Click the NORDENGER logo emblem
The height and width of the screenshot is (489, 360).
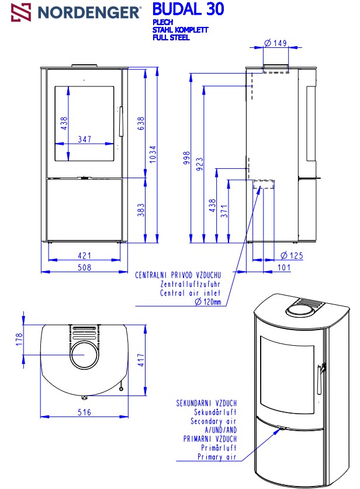coord(22,11)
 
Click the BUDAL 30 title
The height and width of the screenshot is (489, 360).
coord(187,9)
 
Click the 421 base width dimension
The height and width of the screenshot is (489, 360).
coord(85,255)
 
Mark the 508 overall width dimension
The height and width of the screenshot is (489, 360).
coord(85,268)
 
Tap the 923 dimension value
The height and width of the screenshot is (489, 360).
coord(199,163)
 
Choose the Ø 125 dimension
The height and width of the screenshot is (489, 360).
coord(292,255)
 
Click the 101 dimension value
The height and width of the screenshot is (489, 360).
coord(283,268)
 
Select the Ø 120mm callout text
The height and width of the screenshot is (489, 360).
coord(209,301)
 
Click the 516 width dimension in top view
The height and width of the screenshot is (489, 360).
coord(85,412)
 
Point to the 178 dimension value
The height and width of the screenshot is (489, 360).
coord(19,338)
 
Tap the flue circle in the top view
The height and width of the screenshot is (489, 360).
coord(85,356)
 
